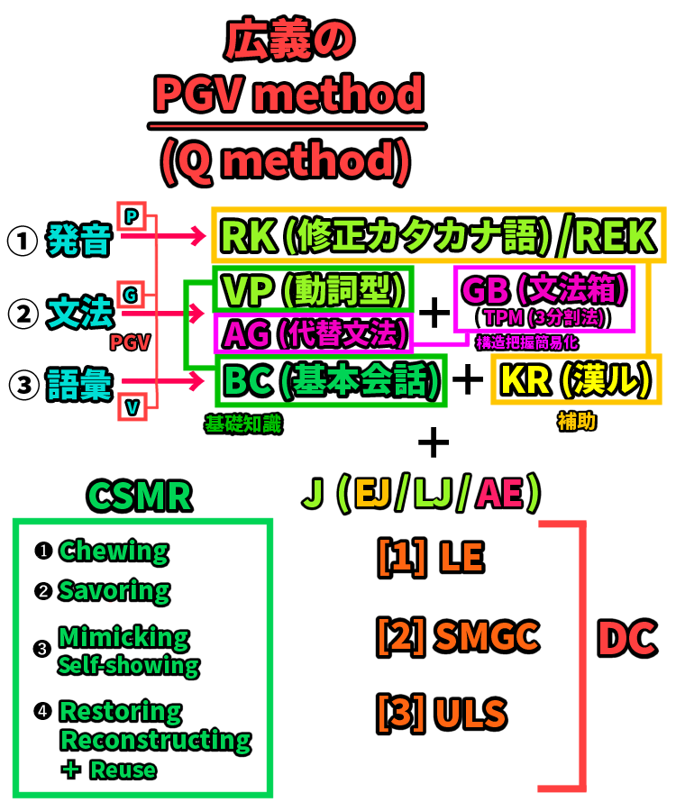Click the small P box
tap(132, 216)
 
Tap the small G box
tap(132, 294)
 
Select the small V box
tap(132, 409)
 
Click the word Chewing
tap(114, 551)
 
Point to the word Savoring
tap(114, 591)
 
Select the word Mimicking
tap(124, 638)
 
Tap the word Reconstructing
tap(155, 741)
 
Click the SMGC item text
tap(486, 637)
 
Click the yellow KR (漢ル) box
tap(573, 380)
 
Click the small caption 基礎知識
tap(243, 424)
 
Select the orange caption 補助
tap(576, 421)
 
